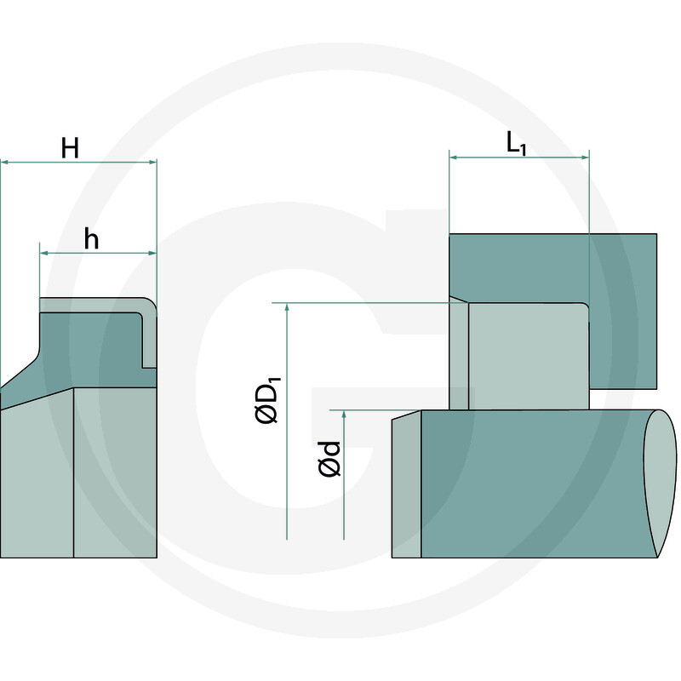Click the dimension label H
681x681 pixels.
71,148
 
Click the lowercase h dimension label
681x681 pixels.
91,240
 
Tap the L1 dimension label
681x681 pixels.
518,144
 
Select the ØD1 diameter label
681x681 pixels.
267,401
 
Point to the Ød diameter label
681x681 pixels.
329,458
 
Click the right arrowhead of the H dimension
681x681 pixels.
152,162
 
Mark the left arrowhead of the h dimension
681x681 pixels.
44,253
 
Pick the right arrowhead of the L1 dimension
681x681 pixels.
584,157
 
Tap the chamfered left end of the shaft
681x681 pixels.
406,485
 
